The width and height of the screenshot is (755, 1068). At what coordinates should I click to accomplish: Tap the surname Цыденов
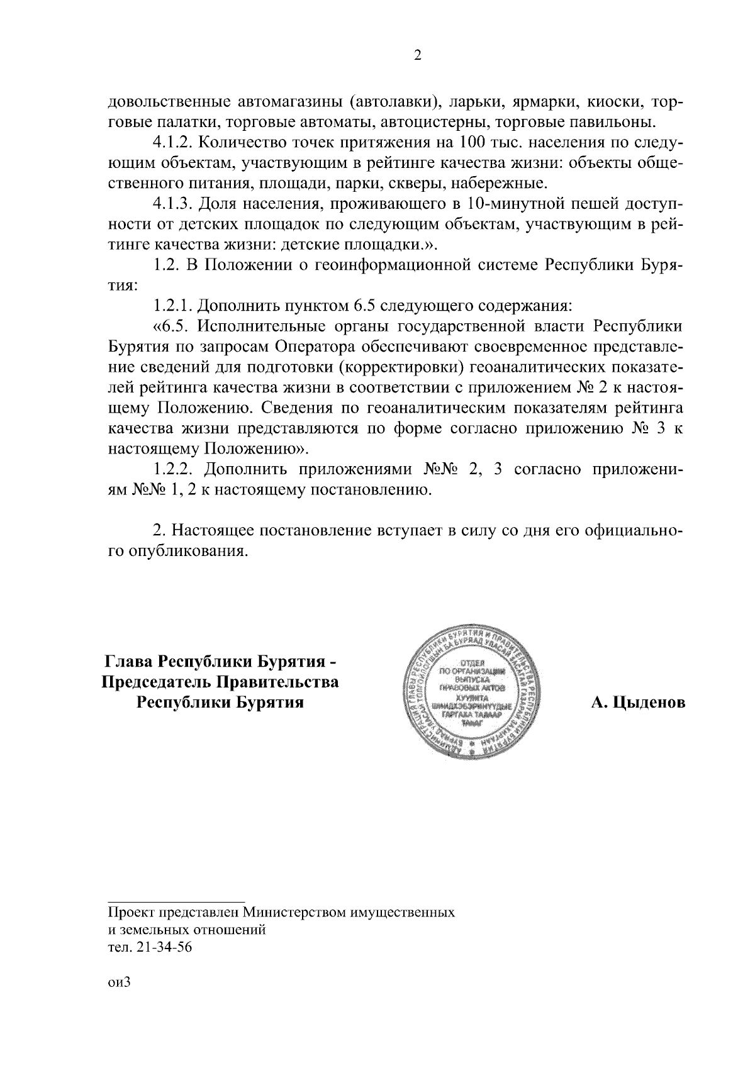coord(637,702)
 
